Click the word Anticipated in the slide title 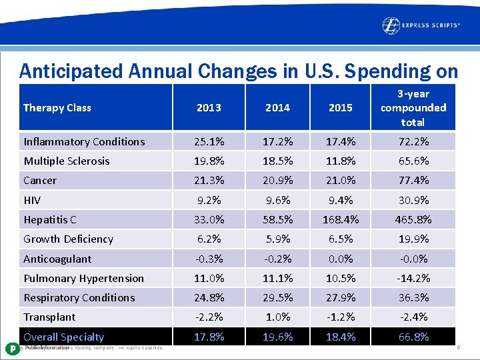61,71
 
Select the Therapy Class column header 57,108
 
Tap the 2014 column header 277,108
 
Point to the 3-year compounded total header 413,108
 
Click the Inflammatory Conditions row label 84,141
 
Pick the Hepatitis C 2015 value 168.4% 340,219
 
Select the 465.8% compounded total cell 413,219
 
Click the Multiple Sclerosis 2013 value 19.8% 209,161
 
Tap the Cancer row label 40,181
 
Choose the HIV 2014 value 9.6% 277,200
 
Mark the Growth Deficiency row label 68,239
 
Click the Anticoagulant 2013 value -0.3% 209,259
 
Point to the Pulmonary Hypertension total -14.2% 413,278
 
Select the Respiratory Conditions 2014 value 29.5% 277,297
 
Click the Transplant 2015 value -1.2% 340,317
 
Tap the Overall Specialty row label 63,337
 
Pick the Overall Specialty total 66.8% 413,337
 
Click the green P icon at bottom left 11,348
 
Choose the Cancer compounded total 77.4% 413,181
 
